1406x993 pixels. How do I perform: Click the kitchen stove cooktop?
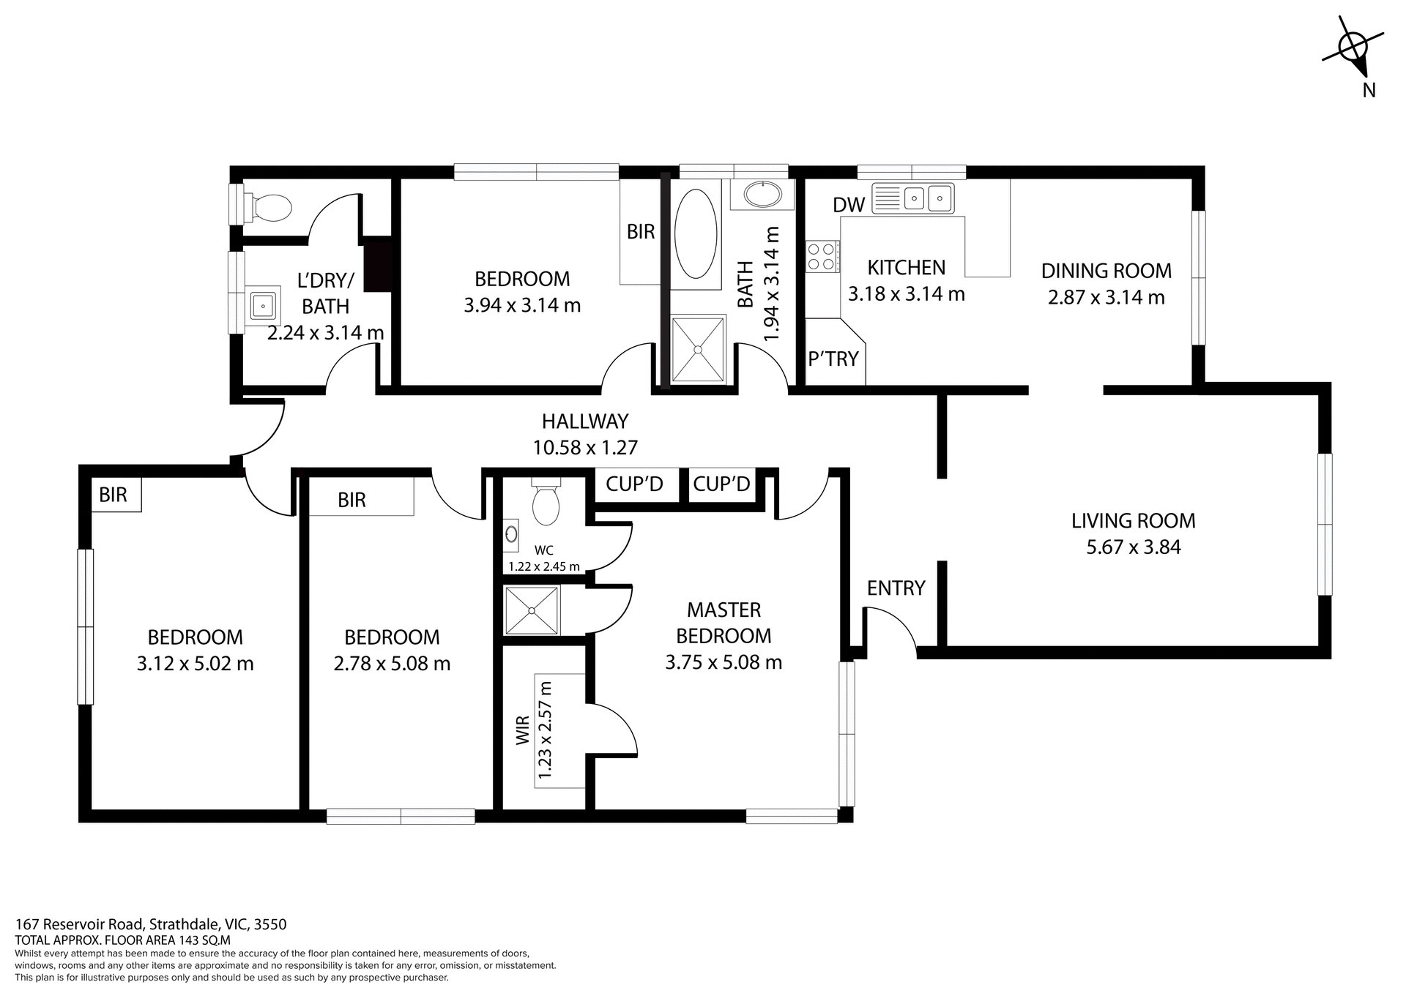[x=822, y=256]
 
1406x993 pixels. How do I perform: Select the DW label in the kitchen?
[x=849, y=205]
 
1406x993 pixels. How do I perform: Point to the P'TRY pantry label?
[x=833, y=359]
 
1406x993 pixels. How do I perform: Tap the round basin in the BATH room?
[x=762, y=195]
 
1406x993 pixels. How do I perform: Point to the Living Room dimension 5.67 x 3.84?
[x=1133, y=547]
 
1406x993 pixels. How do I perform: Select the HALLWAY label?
[x=585, y=421]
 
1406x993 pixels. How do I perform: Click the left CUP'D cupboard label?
[x=634, y=484]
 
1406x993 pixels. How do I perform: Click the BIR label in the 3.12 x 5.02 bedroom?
[x=113, y=495]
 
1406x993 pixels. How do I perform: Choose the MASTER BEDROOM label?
[x=723, y=622]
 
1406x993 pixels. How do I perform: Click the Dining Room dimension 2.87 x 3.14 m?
[x=1106, y=298]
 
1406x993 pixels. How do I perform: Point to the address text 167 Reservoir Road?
[x=150, y=924]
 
